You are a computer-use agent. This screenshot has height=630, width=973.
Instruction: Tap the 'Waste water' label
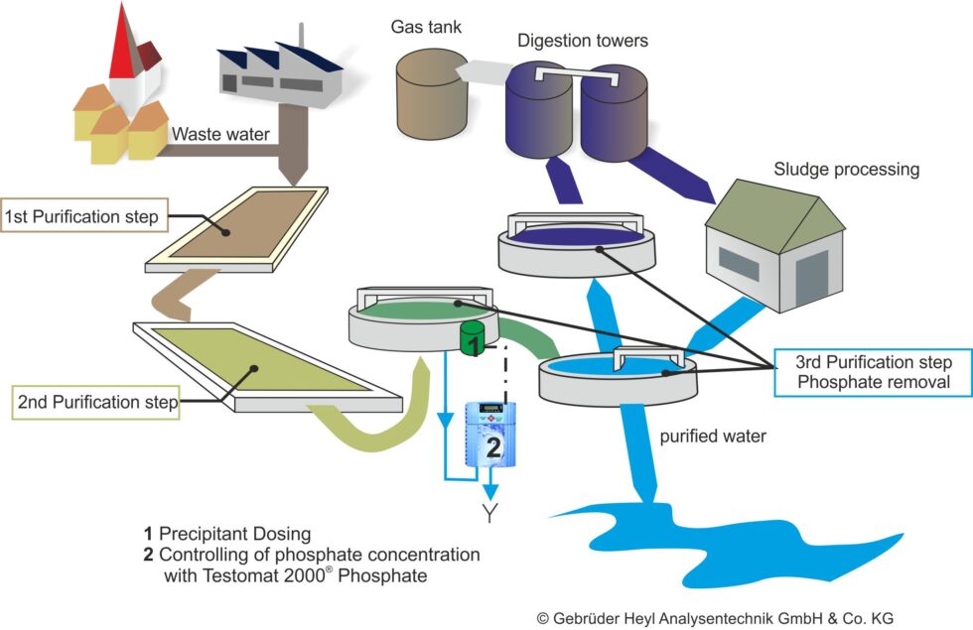tap(220, 134)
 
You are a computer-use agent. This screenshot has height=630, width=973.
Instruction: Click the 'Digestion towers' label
tap(582, 41)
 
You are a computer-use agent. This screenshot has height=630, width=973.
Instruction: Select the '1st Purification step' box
tap(81, 216)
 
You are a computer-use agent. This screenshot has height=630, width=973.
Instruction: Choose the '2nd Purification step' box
tap(96, 403)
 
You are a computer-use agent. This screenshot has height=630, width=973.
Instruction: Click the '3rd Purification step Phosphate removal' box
tap(874, 372)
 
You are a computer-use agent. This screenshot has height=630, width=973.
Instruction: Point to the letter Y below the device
tap(489, 513)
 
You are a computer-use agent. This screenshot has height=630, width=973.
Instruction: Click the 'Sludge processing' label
tap(846, 169)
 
